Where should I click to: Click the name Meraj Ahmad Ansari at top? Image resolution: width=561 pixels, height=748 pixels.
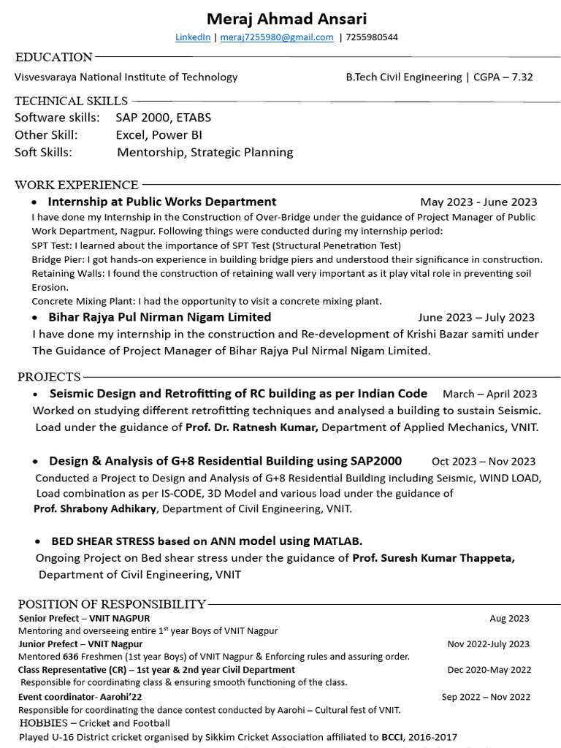pyautogui.click(x=286, y=18)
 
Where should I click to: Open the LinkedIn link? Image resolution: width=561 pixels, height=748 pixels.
pyautogui.click(x=193, y=37)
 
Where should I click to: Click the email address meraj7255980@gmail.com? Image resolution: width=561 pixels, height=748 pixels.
pyautogui.click(x=277, y=37)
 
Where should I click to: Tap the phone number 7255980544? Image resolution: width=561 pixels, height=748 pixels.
pyautogui.click(x=372, y=37)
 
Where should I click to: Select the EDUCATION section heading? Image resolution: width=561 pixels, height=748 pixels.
pyautogui.click(x=54, y=57)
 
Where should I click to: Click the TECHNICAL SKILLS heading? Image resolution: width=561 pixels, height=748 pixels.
pyautogui.click(x=71, y=101)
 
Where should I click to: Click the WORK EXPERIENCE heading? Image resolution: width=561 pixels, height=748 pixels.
pyautogui.click(x=77, y=185)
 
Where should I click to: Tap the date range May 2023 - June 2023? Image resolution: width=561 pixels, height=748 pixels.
pyautogui.click(x=478, y=202)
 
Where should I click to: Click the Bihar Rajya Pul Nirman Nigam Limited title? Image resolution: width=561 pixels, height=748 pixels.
pyautogui.click(x=159, y=317)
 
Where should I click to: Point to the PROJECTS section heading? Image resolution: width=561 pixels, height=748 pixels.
pyautogui.click(x=49, y=377)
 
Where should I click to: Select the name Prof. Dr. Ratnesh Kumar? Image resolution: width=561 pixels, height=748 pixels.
pyautogui.click(x=251, y=427)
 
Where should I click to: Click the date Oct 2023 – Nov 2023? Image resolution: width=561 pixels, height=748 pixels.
pyautogui.click(x=483, y=462)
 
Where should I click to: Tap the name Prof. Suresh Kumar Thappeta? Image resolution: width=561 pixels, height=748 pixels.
pyautogui.click(x=433, y=558)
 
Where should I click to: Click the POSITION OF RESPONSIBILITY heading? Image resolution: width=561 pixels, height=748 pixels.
pyautogui.click(x=112, y=604)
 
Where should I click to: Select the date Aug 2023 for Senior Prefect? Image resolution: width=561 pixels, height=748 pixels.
pyautogui.click(x=509, y=619)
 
